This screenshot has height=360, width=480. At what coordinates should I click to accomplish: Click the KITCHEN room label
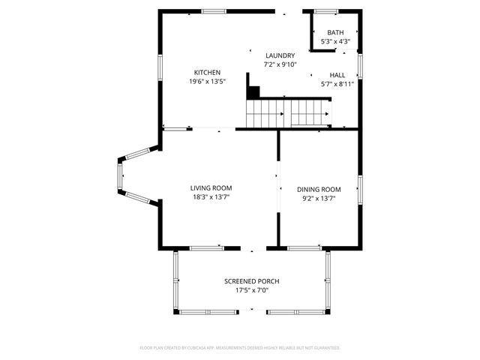pyautogui.click(x=207, y=72)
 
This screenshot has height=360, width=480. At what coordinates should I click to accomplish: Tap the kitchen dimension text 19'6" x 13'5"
pyautogui.click(x=207, y=81)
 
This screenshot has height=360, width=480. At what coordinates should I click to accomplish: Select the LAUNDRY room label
pyautogui.click(x=280, y=55)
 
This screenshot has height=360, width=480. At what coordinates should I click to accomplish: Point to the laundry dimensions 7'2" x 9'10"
pyautogui.click(x=280, y=64)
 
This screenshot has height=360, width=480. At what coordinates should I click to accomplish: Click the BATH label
pyautogui.click(x=335, y=32)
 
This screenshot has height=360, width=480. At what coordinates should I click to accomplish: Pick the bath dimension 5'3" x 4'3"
pyautogui.click(x=335, y=41)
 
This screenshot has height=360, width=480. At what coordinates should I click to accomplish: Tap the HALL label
pyautogui.click(x=337, y=75)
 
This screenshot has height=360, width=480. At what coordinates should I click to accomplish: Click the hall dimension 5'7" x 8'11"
pyautogui.click(x=337, y=84)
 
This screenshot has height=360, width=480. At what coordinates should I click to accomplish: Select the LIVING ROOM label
pyautogui.click(x=211, y=188)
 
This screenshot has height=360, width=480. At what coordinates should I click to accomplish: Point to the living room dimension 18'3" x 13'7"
pyautogui.click(x=211, y=197)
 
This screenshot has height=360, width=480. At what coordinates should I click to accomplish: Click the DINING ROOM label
pyautogui.click(x=319, y=190)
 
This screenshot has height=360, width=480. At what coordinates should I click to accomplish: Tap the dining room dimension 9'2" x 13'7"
pyautogui.click(x=319, y=199)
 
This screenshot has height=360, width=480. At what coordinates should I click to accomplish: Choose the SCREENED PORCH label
pyautogui.click(x=252, y=281)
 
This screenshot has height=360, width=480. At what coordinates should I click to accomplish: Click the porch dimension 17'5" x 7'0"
pyautogui.click(x=252, y=290)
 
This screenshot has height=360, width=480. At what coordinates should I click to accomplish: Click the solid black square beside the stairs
pyautogui.click(x=253, y=92)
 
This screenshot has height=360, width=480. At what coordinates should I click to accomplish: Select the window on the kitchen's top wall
pyautogui.click(x=214, y=11)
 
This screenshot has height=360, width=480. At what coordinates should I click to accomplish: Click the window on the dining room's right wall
pyautogui.click(x=360, y=189)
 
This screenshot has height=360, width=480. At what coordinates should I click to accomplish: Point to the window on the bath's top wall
pyautogui.click(x=325, y=11)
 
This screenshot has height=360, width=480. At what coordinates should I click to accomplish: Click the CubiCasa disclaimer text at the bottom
pyautogui.click(x=240, y=348)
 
